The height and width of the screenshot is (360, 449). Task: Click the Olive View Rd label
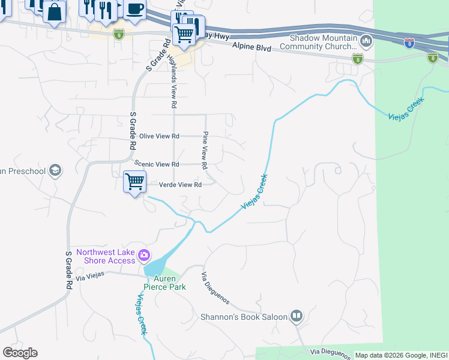tap(159, 136)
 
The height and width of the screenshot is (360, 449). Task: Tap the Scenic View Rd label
tap(157, 164)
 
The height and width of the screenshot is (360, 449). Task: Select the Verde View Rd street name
tap(180, 185)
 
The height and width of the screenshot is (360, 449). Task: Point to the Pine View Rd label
tap(205, 149)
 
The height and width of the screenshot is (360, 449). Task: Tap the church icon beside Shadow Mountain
tap(366, 41)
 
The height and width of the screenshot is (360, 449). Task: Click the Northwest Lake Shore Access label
tap(106, 256)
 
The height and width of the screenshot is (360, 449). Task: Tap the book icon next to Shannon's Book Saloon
tap(296, 316)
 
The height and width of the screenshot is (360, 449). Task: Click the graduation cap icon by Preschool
tap(55, 171)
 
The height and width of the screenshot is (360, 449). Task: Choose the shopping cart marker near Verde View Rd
tap(134, 181)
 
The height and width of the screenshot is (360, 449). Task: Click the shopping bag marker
tap(54, 12)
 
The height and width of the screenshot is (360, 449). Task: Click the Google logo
tap(20, 353)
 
